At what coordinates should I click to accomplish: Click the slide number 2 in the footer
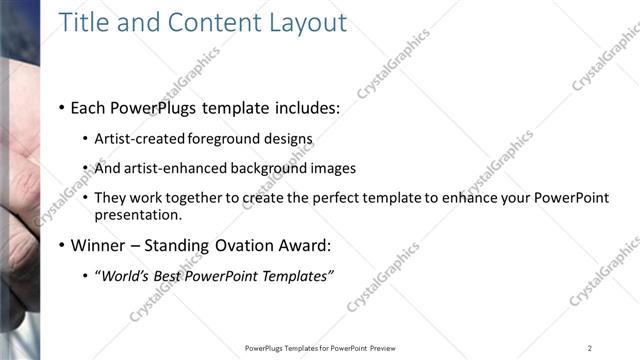(x=590, y=347)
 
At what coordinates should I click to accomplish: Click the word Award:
(x=302, y=245)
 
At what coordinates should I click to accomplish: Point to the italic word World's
(x=124, y=276)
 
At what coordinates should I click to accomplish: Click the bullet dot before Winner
(x=62, y=245)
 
